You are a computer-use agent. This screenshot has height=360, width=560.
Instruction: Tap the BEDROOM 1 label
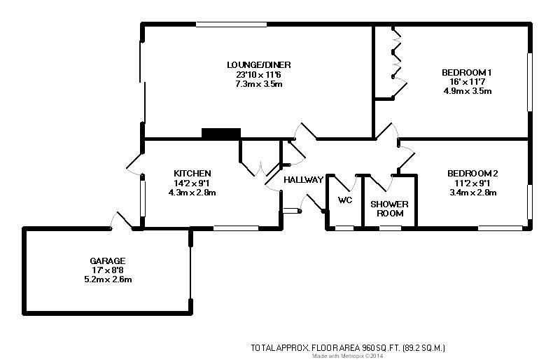point(468,73)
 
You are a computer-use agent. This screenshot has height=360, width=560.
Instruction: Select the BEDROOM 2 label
point(472,174)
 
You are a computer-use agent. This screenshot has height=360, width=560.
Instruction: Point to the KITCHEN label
point(192,174)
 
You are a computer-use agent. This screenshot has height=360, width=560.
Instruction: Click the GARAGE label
point(107,261)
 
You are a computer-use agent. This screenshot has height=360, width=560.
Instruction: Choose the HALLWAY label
point(303,180)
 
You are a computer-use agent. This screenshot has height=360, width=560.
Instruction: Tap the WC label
point(344,200)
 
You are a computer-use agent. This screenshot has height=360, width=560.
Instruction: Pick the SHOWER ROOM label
point(391,209)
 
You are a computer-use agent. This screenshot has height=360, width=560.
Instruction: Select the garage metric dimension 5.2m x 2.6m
point(107,279)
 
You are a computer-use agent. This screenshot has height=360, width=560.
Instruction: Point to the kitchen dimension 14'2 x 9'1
point(192,184)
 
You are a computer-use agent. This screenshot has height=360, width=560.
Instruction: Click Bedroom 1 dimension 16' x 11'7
point(468,82)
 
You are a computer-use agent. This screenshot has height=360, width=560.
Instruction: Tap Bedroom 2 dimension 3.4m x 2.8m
point(472,193)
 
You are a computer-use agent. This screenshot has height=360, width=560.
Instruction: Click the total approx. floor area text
point(348,347)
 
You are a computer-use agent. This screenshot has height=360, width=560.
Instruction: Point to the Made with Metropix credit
point(348,356)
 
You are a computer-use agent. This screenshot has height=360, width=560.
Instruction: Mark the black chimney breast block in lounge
point(220,133)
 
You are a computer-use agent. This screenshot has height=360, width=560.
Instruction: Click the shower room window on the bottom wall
point(390,228)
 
